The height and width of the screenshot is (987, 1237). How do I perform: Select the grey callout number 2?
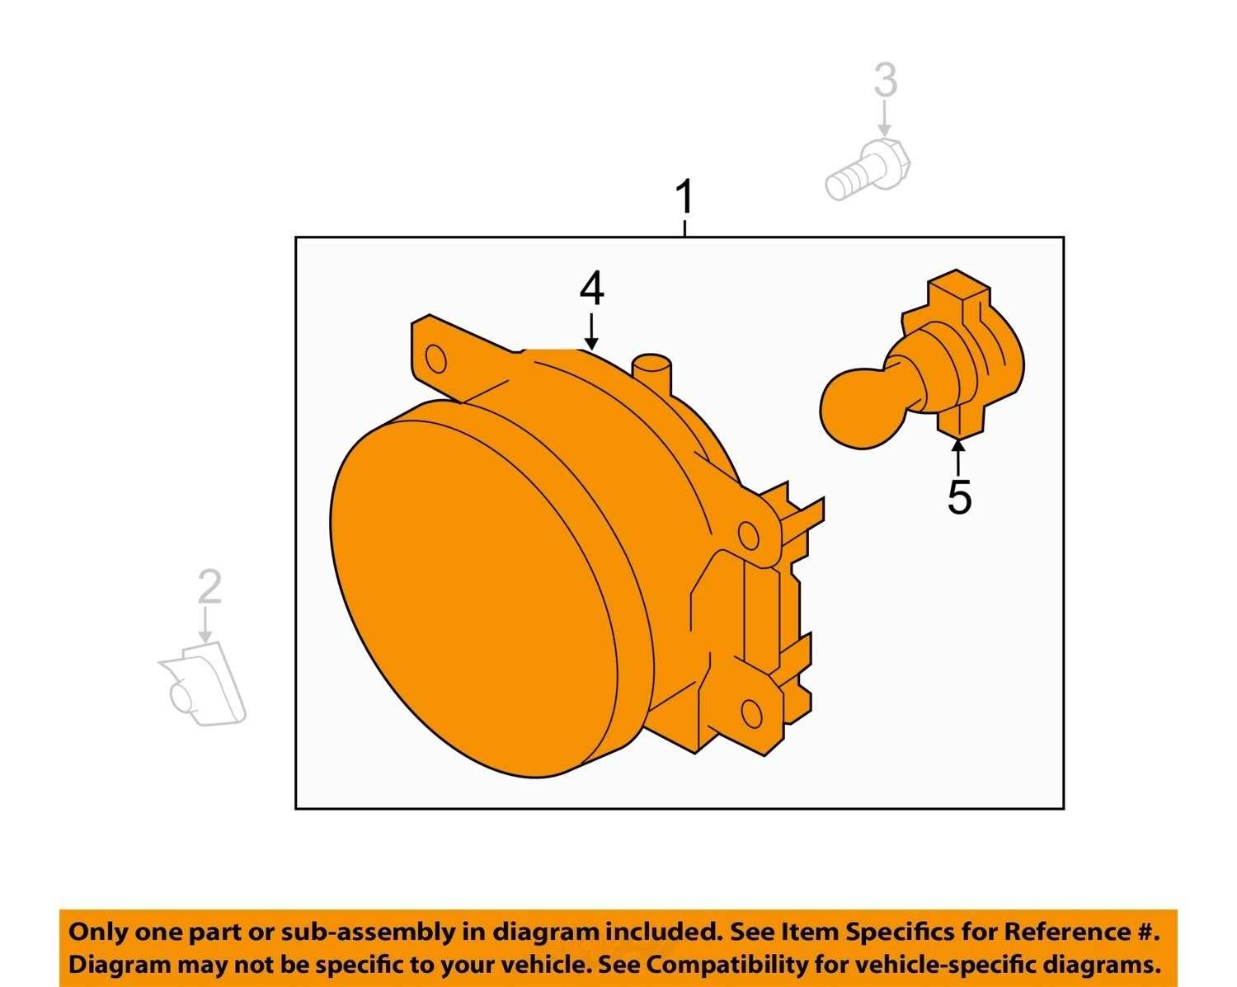209,586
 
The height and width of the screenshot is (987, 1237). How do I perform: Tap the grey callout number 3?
886,80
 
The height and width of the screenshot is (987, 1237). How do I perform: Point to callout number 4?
591,289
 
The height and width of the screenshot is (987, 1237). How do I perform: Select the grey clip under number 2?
203,684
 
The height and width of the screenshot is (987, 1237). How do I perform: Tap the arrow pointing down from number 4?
591,331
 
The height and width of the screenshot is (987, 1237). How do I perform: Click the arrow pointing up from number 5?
958,457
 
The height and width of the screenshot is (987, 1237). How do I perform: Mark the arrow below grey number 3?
885,120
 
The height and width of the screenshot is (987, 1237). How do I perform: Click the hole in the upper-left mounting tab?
435,360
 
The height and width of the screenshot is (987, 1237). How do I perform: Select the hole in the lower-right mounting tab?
751,714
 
